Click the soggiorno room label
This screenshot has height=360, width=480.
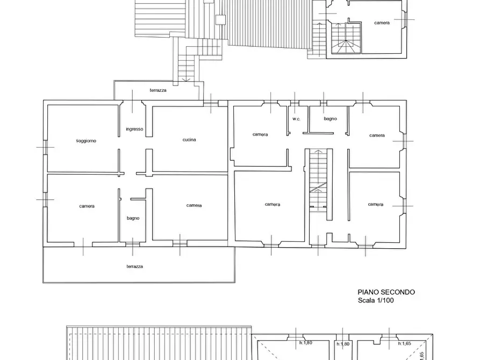(86, 141)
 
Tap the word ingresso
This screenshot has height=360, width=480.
(134, 129)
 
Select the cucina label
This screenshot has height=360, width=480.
(189, 140)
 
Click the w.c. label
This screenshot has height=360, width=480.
(296, 119)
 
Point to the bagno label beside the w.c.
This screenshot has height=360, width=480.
(331, 119)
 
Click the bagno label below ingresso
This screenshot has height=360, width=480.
(133, 218)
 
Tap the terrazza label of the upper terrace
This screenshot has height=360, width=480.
(158, 90)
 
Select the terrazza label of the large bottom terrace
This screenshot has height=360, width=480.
(135, 267)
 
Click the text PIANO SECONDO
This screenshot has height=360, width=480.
(386, 292)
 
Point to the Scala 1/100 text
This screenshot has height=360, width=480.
(376, 300)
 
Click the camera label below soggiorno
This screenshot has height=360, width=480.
(87, 206)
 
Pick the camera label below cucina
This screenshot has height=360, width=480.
(194, 205)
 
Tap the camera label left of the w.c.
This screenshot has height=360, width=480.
(260, 134)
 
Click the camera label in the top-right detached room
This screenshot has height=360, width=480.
(382, 23)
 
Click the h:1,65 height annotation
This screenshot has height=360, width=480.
(404, 343)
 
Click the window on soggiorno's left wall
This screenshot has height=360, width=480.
(45, 147)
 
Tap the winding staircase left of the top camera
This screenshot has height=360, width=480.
(346, 38)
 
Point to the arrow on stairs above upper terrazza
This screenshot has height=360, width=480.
(187, 80)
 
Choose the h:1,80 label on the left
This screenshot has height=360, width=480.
(305, 343)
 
